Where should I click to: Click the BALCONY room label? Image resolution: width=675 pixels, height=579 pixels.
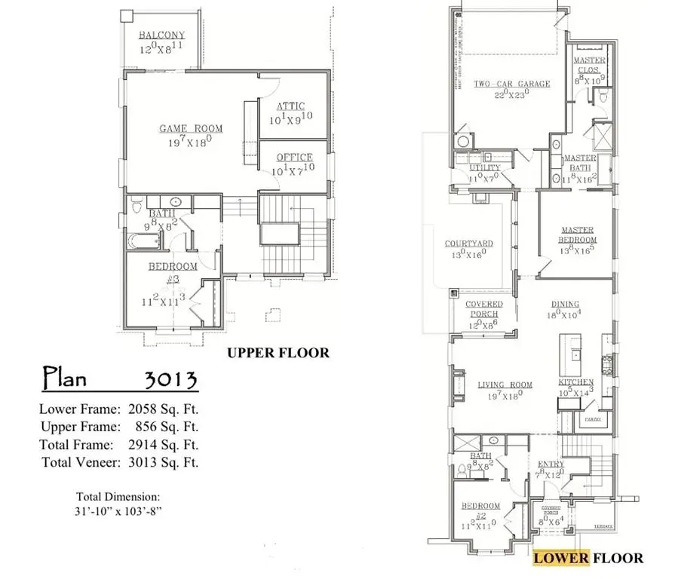[161, 35]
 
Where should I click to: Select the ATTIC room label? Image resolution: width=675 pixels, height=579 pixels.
[290, 106]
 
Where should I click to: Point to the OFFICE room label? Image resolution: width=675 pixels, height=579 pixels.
[294, 158]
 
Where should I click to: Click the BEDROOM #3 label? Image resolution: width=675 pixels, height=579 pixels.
[172, 267]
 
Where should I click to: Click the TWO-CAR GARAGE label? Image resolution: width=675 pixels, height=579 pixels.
[511, 84]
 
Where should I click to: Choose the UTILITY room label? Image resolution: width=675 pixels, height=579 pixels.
[484, 168]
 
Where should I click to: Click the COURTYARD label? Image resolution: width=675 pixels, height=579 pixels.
[468, 244]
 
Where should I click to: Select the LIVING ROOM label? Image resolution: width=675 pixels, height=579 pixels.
[505, 385]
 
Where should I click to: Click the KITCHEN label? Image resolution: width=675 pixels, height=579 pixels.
[575, 383]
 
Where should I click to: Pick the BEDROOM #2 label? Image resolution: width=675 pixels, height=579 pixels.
[480, 506]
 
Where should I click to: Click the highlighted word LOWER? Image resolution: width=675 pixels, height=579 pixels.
[560, 558]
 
